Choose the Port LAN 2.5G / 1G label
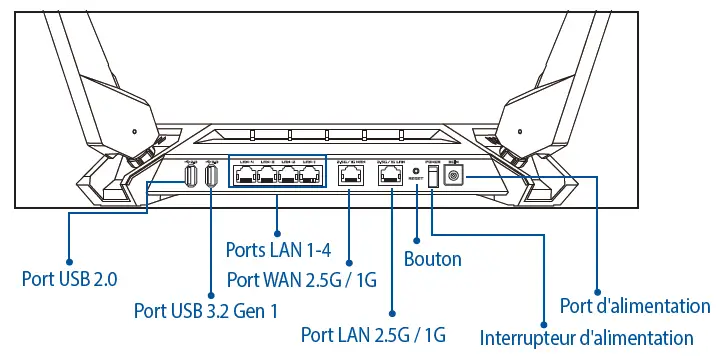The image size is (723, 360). [x=372, y=333]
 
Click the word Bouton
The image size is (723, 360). [x=432, y=259]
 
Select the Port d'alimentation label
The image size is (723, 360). [x=635, y=305]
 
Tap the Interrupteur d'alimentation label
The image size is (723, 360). [x=586, y=337]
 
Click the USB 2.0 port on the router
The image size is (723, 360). [x=189, y=177]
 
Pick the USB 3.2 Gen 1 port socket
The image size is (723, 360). [x=211, y=177]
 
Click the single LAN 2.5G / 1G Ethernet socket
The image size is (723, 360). [x=390, y=176]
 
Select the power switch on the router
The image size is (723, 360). [x=433, y=176]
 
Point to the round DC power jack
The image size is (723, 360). [x=455, y=176]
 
